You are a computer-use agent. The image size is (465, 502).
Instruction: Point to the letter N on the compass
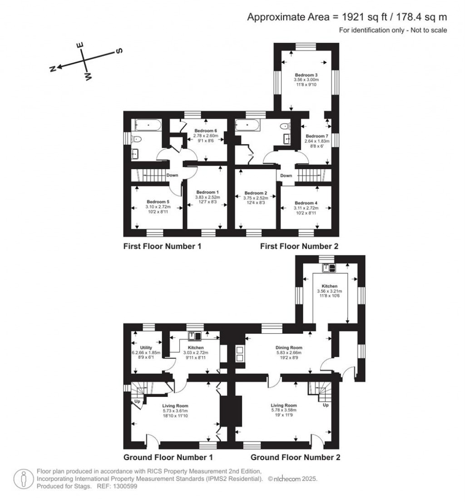coord(53,69)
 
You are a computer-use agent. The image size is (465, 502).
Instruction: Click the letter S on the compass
coord(119,51)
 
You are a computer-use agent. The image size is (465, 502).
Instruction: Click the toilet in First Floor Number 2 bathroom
coord(285,126)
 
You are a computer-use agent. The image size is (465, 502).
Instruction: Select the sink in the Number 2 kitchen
coord(327,267)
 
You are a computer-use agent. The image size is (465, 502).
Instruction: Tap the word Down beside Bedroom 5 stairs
coord(172,175)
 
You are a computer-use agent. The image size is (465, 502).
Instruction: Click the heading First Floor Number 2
coord(299,246)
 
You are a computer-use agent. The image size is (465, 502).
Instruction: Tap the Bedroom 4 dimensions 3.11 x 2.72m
coord(304,207)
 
